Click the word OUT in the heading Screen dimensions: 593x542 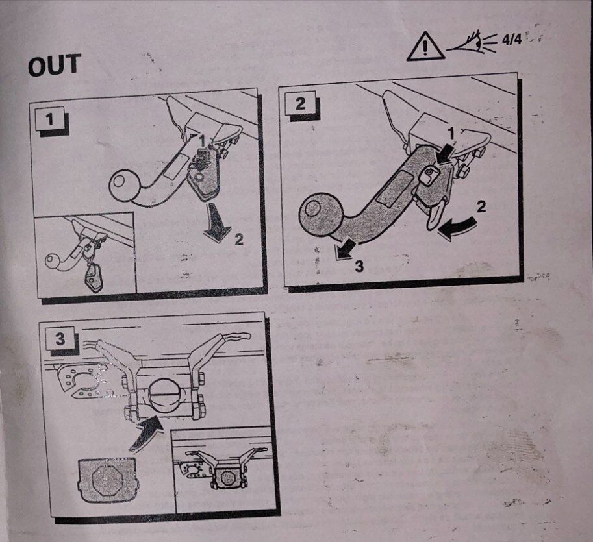click(x=55, y=65)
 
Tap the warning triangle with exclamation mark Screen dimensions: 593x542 click(x=425, y=47)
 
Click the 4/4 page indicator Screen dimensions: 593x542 click(x=511, y=39)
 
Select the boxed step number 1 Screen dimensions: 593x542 click(x=49, y=119)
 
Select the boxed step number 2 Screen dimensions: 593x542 click(x=300, y=103)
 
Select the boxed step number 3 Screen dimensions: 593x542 click(x=60, y=339)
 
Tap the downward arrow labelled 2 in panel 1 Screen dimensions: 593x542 click(x=216, y=222)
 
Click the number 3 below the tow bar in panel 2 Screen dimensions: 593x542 click(x=359, y=266)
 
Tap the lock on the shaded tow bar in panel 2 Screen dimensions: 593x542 click(x=430, y=175)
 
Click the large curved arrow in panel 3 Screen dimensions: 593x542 click(x=145, y=432)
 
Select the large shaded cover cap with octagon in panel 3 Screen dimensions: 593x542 click(x=107, y=479)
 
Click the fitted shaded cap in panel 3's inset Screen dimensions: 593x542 click(x=227, y=478)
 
